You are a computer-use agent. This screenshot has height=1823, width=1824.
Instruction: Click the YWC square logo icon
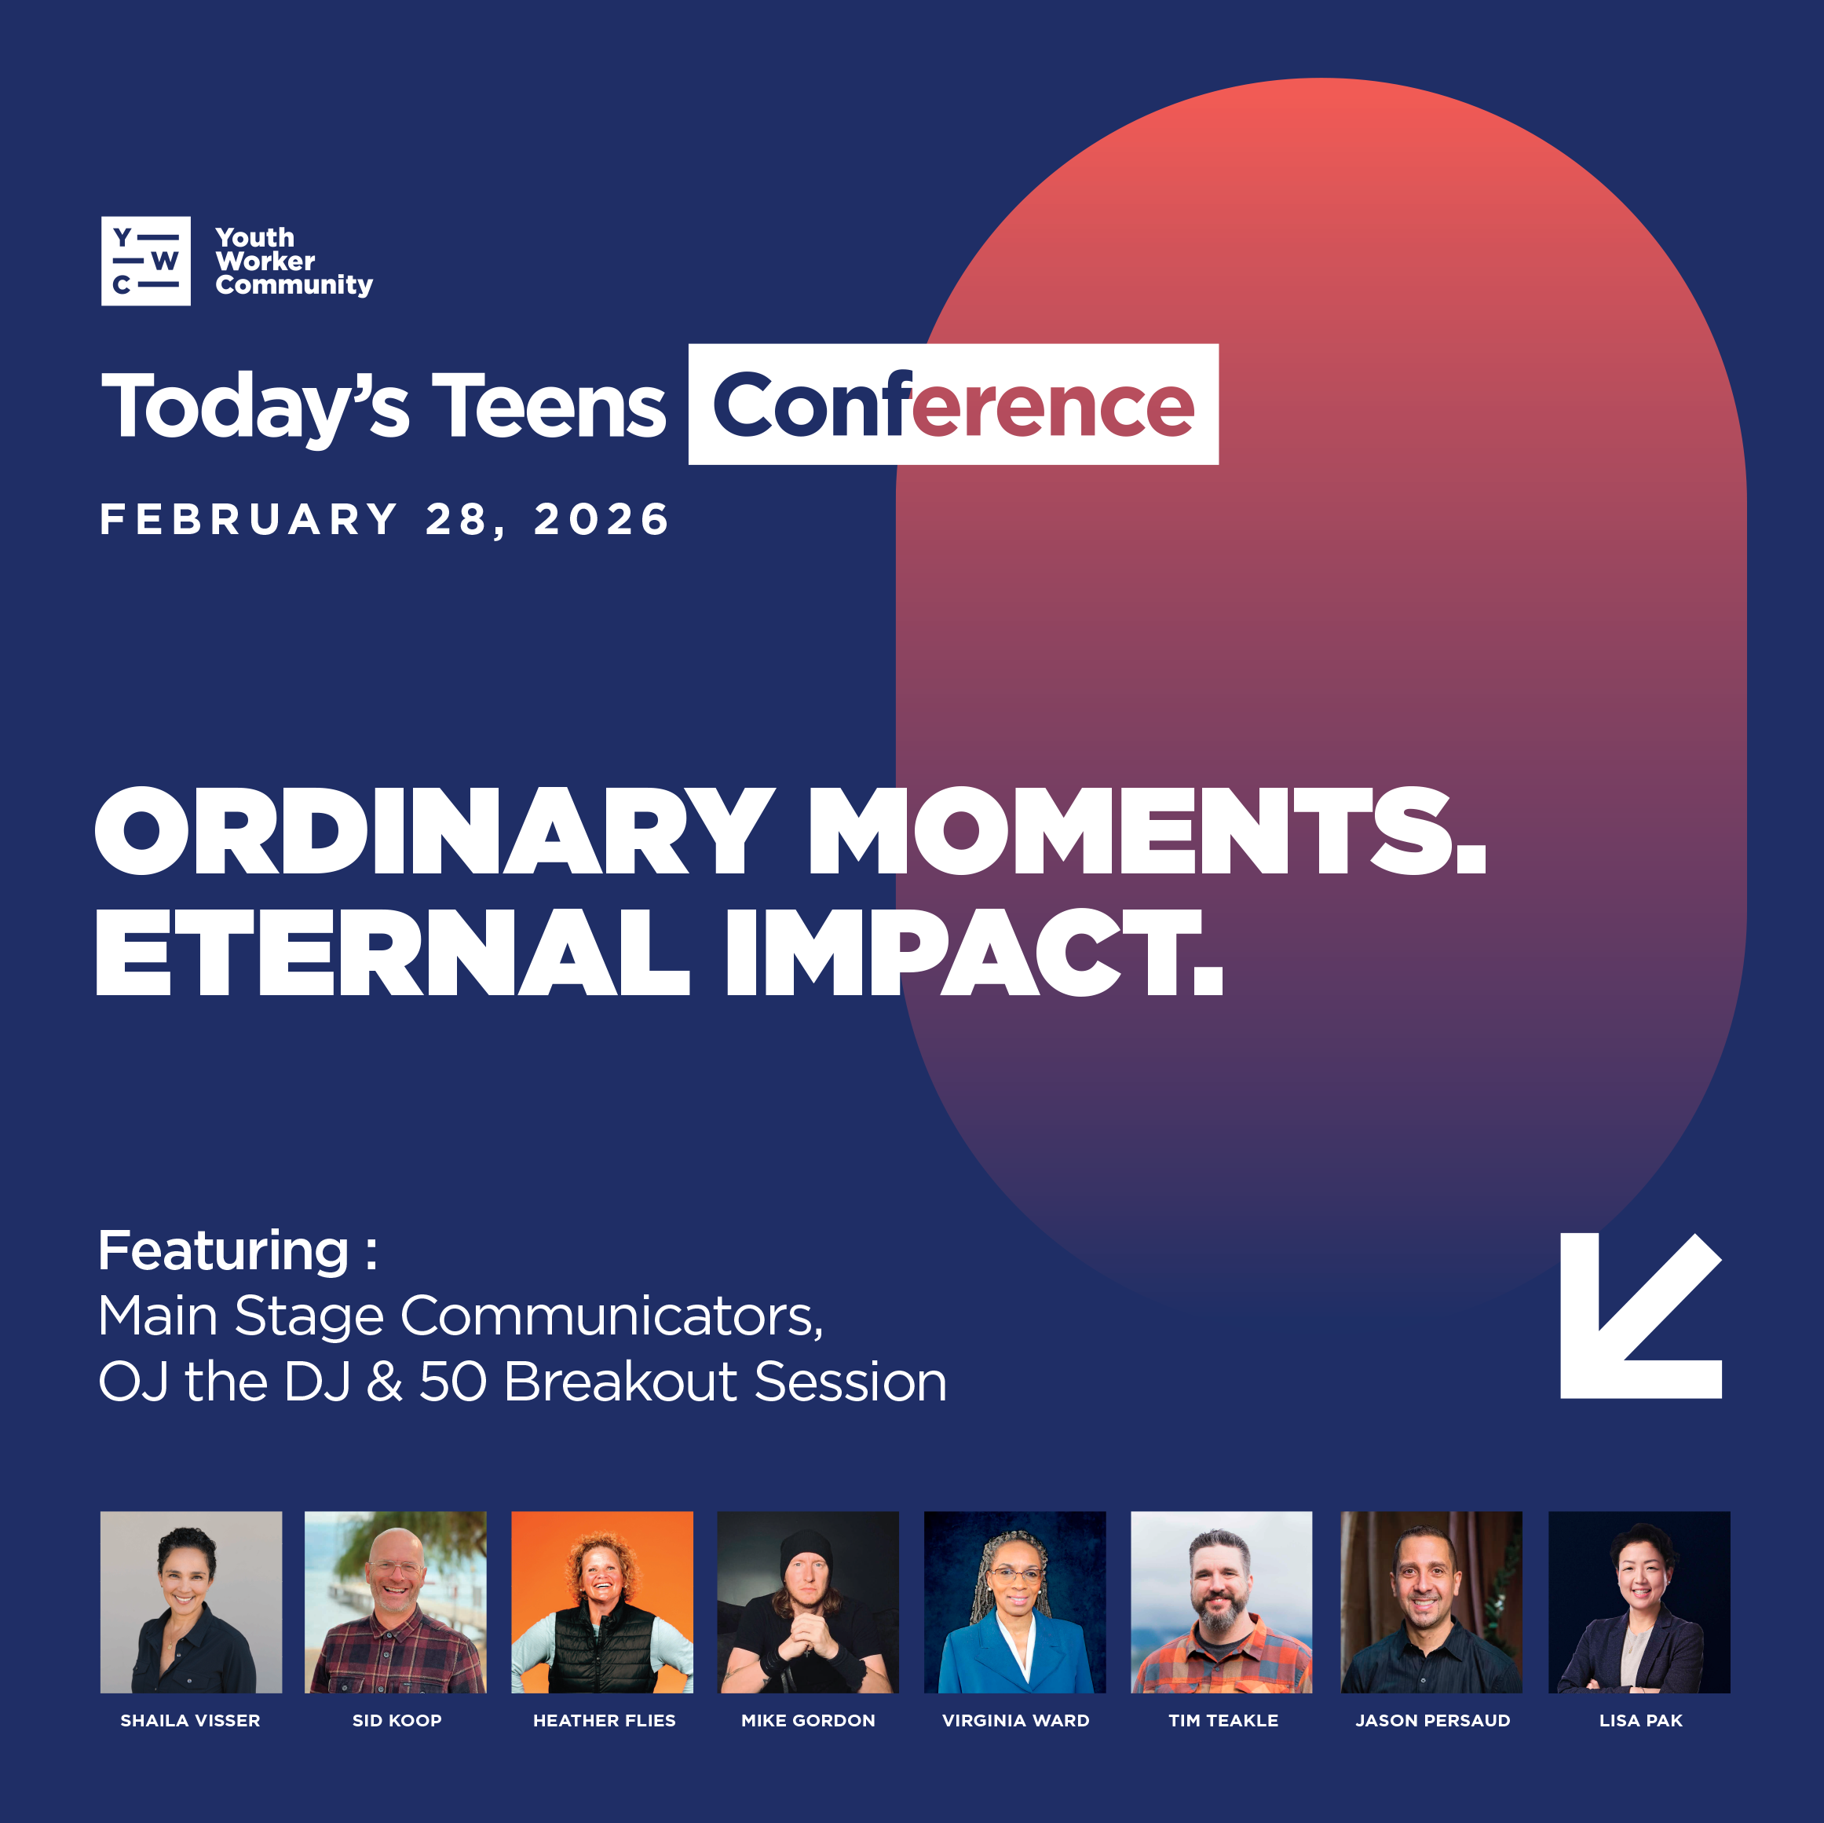point(145,261)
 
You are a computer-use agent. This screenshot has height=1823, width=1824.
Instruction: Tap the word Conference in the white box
point(953,405)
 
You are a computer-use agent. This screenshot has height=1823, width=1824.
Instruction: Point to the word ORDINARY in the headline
point(434,831)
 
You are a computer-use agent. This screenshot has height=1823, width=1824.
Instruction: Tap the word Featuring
point(224,1251)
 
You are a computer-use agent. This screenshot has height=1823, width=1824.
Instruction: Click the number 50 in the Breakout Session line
point(452,1382)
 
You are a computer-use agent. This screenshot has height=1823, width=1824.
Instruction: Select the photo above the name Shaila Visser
point(191,1602)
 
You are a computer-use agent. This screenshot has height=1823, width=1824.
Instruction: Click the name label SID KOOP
point(397,1720)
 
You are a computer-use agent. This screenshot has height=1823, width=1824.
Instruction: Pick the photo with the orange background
point(602,1602)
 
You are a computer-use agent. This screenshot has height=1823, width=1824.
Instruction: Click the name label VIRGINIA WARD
point(1016,1720)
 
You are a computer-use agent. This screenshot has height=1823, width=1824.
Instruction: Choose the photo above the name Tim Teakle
point(1222,1602)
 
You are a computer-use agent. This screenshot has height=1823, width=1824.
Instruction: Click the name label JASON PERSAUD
point(1432,1720)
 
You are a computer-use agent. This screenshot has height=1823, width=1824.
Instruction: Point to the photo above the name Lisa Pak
point(1639,1602)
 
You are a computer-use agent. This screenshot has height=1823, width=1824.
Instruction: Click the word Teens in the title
point(549,406)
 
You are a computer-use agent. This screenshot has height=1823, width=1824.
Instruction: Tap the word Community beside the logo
point(294,285)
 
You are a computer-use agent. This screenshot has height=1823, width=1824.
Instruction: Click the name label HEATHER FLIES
point(605,1720)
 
